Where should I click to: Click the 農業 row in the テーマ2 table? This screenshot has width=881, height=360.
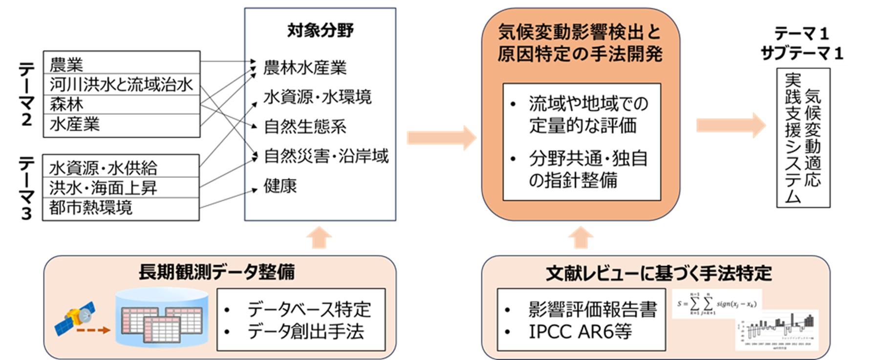[121, 63]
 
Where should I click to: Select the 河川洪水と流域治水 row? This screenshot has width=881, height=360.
[121, 85]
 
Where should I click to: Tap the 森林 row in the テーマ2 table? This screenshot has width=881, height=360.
[121, 105]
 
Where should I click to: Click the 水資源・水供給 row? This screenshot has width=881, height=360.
[121, 167]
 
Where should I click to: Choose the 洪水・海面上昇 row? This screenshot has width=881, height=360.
[121, 188]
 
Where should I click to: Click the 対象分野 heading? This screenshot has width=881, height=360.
[320, 30]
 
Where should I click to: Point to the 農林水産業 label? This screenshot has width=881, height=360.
[305, 67]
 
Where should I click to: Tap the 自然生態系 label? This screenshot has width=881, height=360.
[305, 127]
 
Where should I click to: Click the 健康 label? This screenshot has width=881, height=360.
[280, 186]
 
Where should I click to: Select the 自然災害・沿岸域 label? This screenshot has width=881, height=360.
[326, 156]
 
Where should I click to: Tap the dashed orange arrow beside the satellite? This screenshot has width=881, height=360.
[93, 330]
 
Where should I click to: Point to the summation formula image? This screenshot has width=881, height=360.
[716, 304]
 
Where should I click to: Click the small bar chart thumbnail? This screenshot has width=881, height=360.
[776, 331]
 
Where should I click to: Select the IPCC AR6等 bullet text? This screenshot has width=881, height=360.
[580, 332]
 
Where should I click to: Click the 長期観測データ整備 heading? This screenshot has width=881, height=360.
[216, 272]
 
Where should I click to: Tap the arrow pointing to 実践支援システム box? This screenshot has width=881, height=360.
[731, 125]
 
